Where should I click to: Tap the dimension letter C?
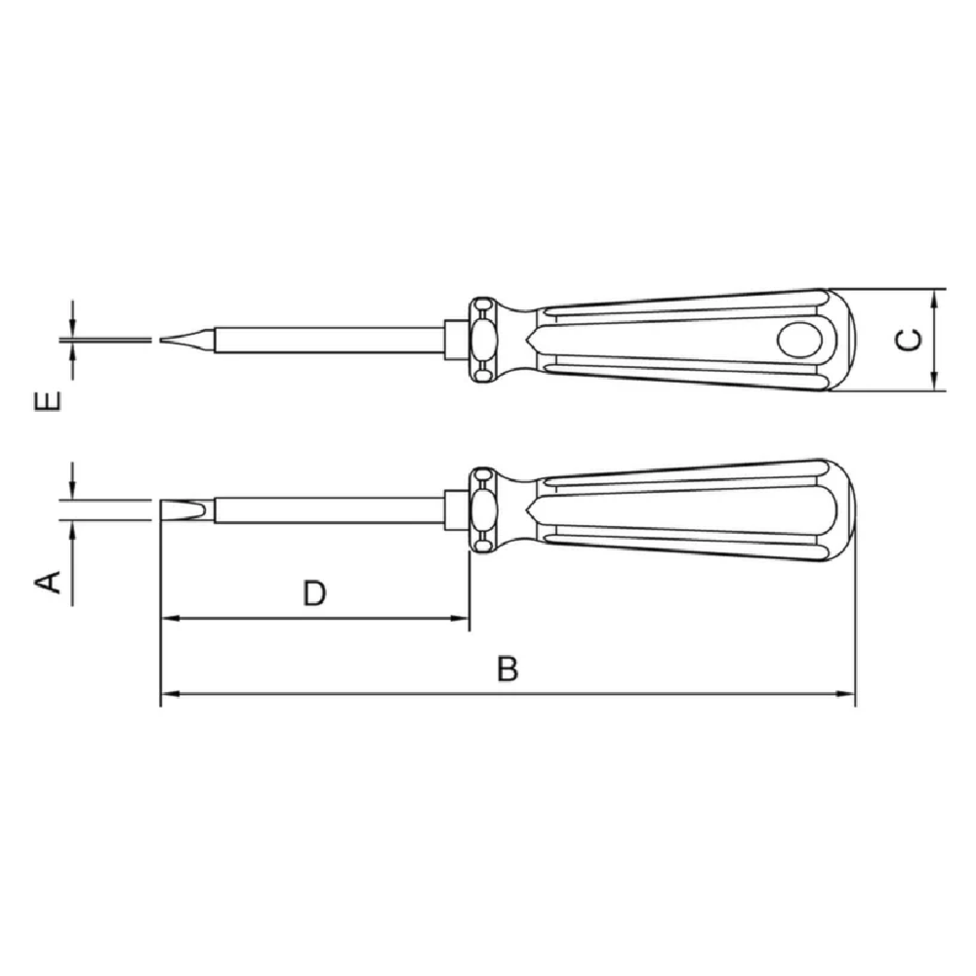pos(909,340)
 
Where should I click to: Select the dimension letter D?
pos(314,593)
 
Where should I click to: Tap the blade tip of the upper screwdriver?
pos(161,340)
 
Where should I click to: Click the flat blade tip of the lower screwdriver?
pos(161,510)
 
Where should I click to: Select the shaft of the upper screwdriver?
pos(330,340)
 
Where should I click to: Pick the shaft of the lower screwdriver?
pos(330,509)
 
